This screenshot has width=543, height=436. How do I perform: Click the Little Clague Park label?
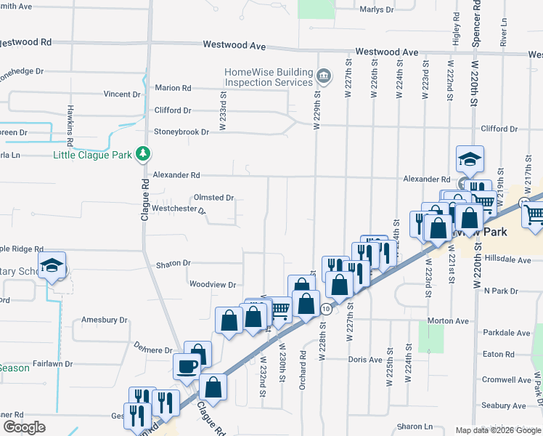point(93,155)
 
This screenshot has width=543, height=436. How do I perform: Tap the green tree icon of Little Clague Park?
point(144,154)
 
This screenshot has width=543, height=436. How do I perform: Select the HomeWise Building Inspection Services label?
point(269,77)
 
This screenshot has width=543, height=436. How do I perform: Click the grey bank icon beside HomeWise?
point(324,73)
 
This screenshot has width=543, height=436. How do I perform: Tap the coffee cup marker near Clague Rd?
point(187,366)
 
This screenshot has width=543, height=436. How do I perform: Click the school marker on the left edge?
point(52,265)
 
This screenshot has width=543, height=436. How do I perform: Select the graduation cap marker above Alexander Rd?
point(470,159)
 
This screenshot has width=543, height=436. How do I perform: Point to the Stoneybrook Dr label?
point(181,132)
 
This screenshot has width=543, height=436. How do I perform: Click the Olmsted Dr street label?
point(213,198)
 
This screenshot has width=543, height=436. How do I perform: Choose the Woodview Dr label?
point(212,285)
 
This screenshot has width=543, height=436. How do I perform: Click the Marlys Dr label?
point(377,9)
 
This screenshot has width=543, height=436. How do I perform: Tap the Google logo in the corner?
point(24,427)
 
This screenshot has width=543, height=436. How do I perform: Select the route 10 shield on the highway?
point(327,309)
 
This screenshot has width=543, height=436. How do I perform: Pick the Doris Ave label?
point(364,360)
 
